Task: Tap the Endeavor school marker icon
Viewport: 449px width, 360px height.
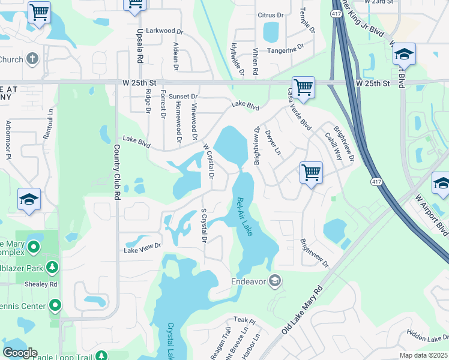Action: coord(275,281)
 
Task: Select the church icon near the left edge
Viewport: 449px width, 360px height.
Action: coord(33,59)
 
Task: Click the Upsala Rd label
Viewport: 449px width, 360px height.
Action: coord(139,46)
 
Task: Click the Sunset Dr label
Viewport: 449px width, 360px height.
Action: coord(183,97)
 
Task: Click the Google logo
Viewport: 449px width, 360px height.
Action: coord(19,353)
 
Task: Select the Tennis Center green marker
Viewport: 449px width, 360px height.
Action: coord(55,306)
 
